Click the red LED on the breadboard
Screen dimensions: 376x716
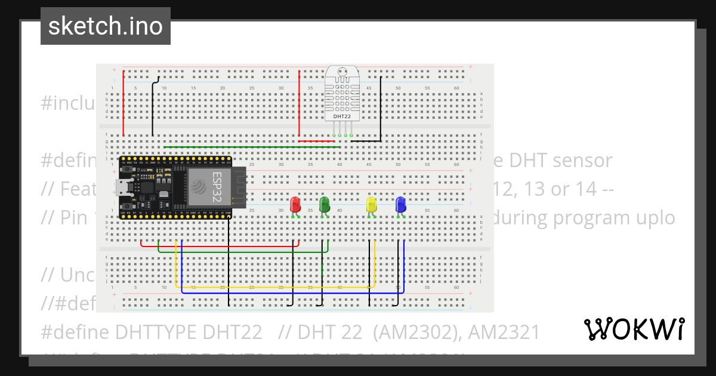point(295,205)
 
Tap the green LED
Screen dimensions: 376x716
point(325,205)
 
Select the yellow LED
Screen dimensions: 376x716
point(371,205)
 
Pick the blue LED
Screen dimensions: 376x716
point(400,205)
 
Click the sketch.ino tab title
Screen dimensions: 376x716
point(106,26)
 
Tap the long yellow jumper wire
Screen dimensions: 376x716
point(274,288)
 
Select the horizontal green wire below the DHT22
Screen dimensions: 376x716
point(251,147)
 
